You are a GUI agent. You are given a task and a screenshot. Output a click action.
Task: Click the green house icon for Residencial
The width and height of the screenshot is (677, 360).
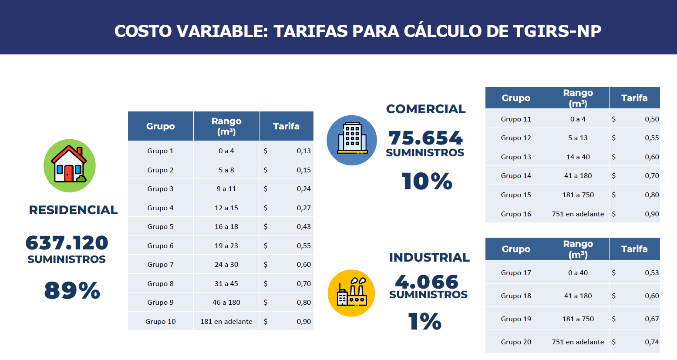click(69, 165)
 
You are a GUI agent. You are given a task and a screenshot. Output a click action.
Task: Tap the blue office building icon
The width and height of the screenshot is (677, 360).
click(352, 140)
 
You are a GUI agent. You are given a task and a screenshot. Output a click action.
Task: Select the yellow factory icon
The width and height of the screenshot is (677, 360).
click(351, 293)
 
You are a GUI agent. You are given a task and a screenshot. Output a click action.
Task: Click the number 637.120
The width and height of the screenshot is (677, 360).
click(67, 242)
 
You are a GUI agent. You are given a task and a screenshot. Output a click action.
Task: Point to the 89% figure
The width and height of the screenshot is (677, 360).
click(72, 290)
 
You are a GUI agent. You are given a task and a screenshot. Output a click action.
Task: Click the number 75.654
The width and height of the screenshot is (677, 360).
click(425, 138)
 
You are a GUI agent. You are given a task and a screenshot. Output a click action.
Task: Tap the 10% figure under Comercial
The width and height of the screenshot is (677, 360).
click(427, 181)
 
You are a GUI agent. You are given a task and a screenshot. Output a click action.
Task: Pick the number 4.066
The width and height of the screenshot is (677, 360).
click(427, 282)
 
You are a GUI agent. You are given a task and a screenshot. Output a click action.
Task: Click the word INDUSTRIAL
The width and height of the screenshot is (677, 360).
click(429, 257)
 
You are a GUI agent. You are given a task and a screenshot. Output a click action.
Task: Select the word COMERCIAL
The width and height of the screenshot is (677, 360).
click(426, 109)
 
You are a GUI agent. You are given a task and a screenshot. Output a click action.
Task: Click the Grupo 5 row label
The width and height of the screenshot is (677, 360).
click(160, 227)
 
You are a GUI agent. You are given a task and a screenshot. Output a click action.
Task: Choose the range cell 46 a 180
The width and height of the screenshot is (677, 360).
click(226, 303)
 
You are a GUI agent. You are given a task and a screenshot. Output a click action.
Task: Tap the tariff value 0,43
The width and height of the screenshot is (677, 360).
click(303, 227)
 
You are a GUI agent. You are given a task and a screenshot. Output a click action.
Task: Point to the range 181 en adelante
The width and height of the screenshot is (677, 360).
click(226, 322)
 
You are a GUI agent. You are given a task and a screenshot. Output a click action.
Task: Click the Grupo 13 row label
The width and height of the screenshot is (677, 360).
click(516, 157)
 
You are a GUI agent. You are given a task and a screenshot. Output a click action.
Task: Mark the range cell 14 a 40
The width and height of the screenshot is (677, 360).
click(578, 157)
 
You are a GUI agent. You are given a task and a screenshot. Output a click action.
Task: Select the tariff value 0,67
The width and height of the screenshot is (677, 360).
click(652, 319)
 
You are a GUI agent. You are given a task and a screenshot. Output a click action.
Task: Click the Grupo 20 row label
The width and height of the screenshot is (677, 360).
click(516, 342)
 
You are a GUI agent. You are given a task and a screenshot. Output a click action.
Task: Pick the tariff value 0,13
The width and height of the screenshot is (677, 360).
click(303, 151)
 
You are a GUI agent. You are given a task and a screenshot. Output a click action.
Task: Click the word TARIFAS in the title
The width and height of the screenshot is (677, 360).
click(310, 31)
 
